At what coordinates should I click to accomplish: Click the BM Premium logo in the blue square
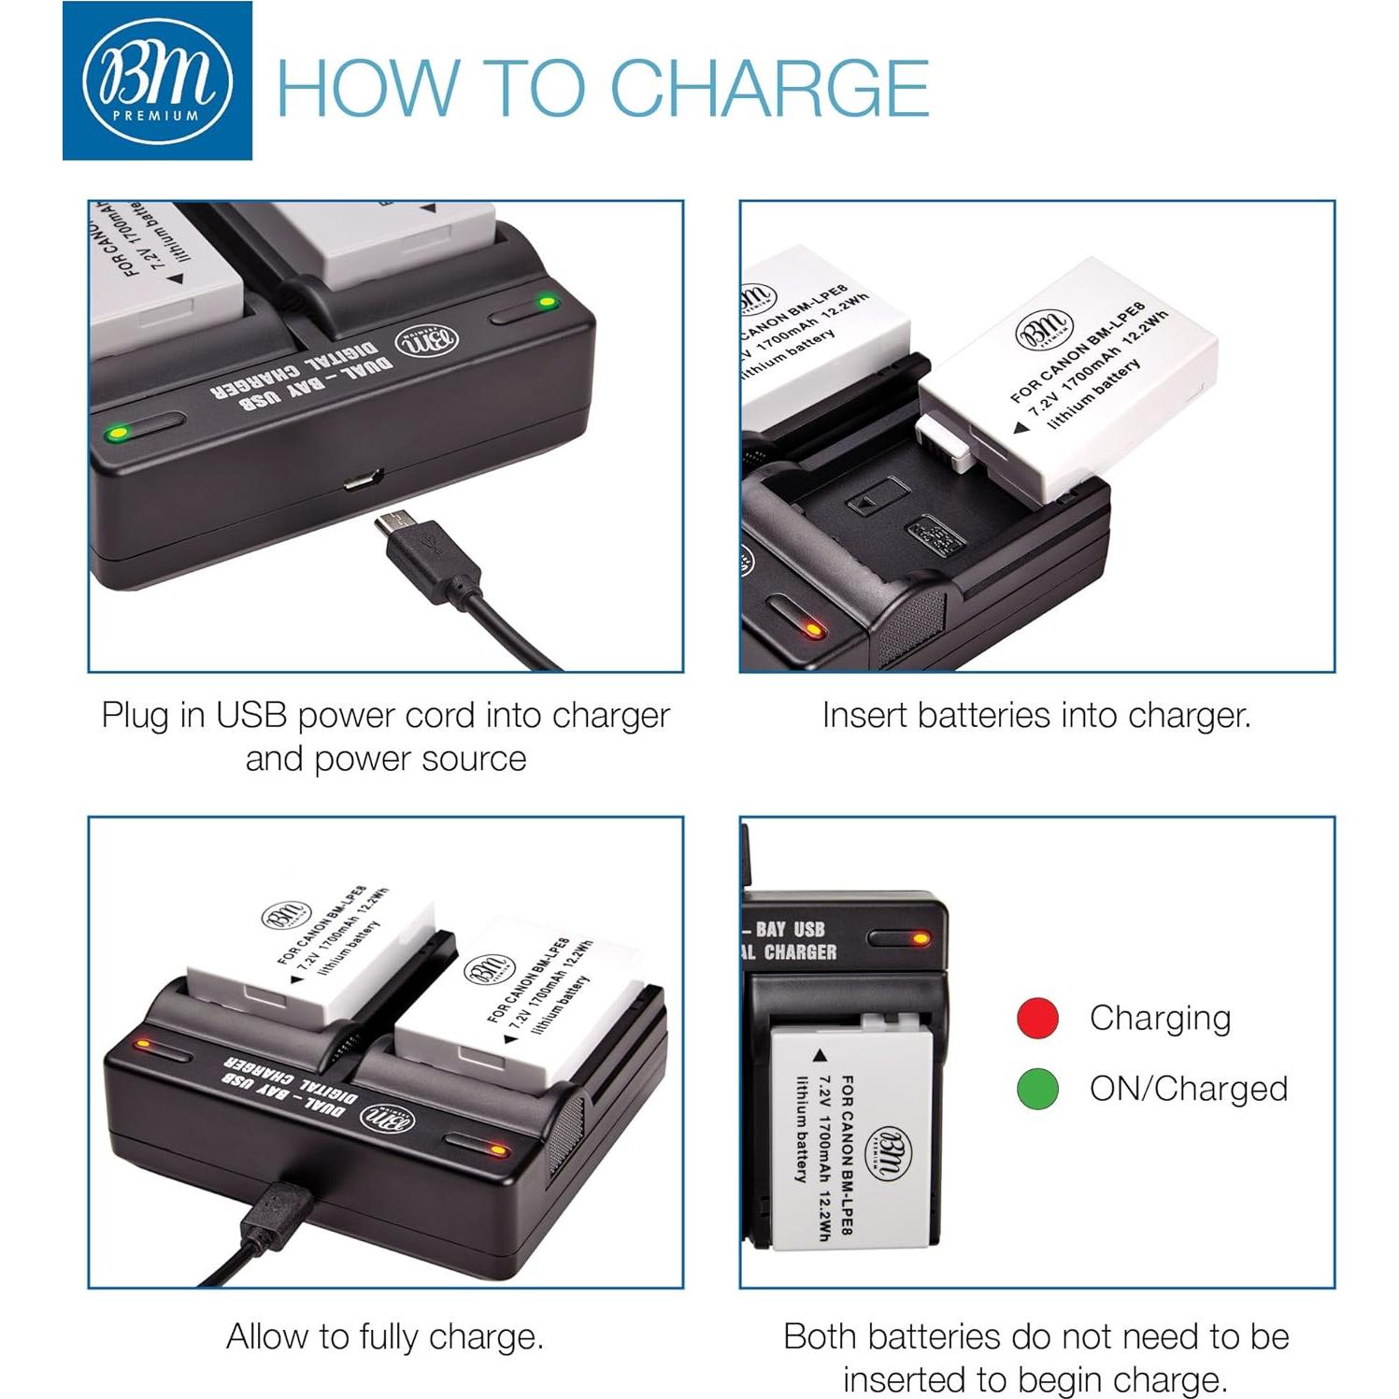157,81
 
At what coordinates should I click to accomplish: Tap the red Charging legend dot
1037,1018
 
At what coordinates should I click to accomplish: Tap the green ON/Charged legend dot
1037,1089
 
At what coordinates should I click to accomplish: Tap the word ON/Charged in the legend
1188,1089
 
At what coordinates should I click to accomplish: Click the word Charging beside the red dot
1160,1018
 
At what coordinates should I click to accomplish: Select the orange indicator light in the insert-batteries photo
813,631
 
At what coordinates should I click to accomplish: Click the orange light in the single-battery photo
920,937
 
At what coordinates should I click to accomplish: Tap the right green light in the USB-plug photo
546,302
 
